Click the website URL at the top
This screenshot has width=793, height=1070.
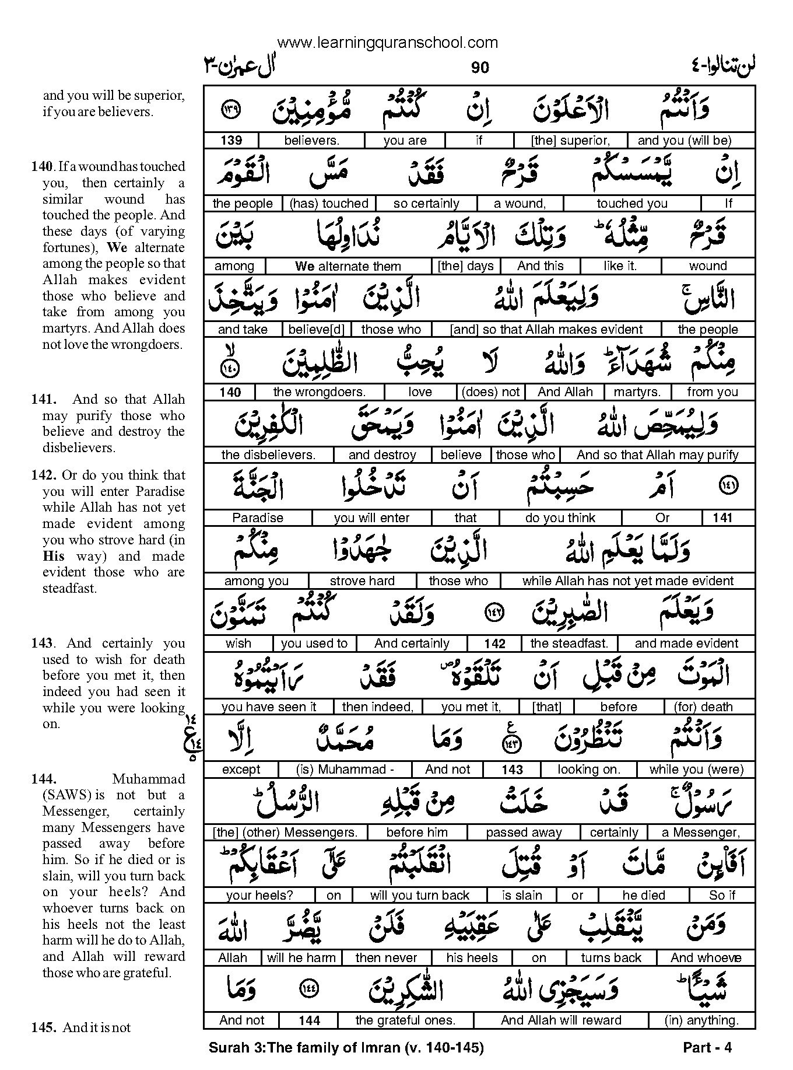point(387,43)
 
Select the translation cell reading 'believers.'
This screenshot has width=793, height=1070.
point(311,141)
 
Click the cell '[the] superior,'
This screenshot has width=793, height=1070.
point(570,141)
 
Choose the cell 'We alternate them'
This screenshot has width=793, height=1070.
point(348,267)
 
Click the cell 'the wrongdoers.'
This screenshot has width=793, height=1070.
point(319,392)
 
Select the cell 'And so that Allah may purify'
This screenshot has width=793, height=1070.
point(657,455)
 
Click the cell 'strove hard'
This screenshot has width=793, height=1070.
point(362,581)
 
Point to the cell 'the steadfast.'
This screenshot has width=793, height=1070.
point(569,644)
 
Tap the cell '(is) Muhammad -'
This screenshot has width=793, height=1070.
point(345,770)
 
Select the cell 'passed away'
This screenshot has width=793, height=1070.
point(524,833)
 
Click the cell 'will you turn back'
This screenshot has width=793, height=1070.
point(419,896)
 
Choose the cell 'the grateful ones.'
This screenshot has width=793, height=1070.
point(405,1020)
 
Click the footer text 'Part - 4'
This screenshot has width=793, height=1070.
point(707,1047)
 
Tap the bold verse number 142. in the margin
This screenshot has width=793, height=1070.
point(44,475)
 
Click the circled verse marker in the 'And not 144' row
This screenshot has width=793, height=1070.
point(308,988)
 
